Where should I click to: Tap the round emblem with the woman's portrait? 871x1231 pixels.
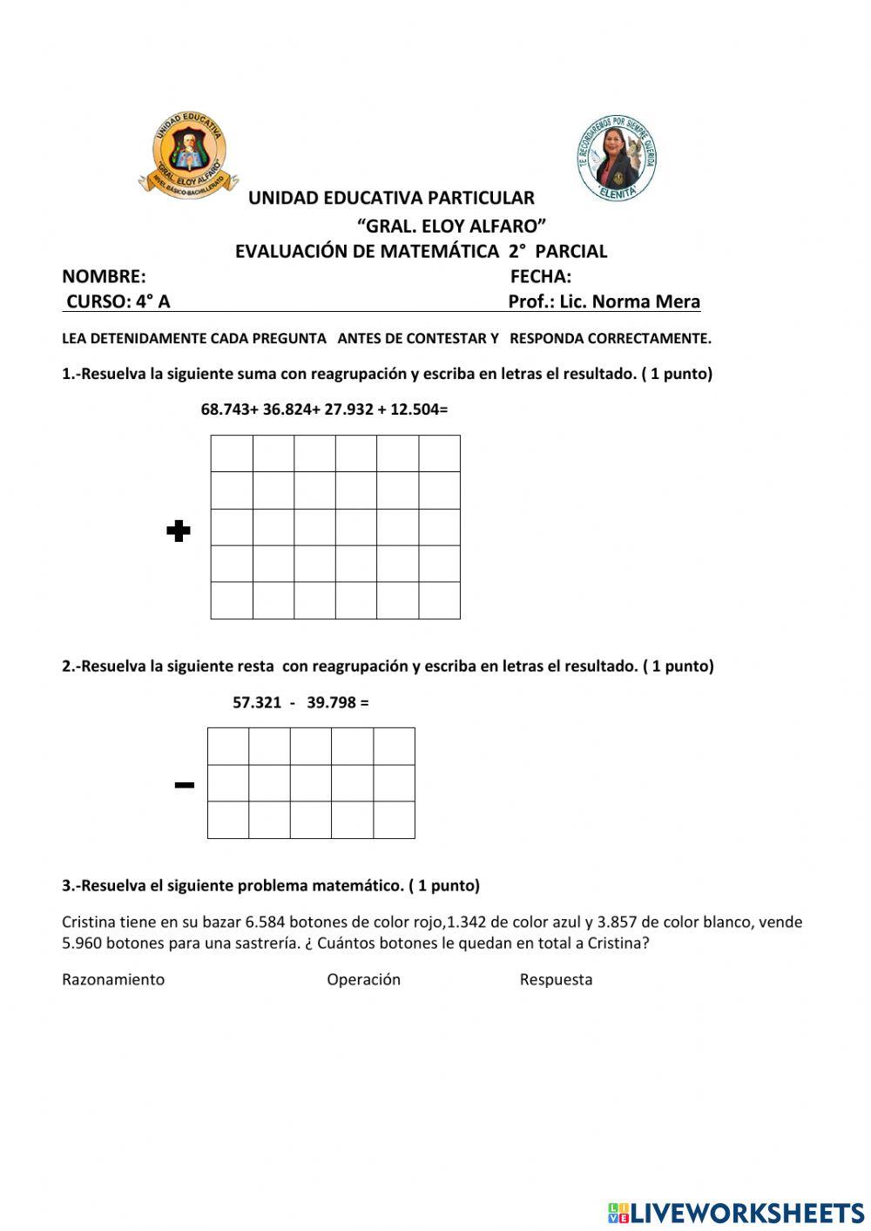617,158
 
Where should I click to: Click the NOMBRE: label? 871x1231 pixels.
104,277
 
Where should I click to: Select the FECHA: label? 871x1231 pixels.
540,277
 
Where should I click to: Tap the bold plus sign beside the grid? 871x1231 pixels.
179,531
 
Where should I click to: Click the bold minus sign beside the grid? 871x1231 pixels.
184,786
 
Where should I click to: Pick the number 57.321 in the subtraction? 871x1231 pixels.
257,702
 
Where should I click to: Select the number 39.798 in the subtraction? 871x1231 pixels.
331,702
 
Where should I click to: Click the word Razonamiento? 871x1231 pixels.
113,979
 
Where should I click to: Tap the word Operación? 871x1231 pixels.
363,979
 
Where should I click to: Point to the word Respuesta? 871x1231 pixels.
556,979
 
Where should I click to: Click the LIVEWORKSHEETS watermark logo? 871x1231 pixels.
736,1212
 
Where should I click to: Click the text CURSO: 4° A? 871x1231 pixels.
118,301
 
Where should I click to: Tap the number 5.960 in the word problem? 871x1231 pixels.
82,943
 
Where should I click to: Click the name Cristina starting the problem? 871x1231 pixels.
91,922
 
